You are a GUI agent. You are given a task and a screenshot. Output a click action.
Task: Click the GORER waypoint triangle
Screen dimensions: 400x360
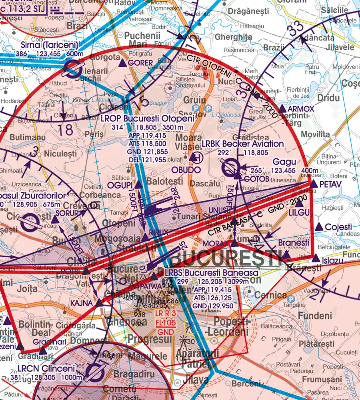[x=123, y=63]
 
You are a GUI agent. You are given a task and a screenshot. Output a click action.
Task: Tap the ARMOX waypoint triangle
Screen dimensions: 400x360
[x=282, y=109]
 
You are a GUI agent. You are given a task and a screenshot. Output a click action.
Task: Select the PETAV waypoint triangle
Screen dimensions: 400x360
[x=314, y=184]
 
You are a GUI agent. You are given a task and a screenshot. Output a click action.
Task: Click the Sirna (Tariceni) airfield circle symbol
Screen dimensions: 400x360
[x=72, y=68]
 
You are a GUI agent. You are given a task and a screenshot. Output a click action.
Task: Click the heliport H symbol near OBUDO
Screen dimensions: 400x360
[x=196, y=158]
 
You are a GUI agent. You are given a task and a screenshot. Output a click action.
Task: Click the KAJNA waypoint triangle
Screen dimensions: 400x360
[x=99, y=303]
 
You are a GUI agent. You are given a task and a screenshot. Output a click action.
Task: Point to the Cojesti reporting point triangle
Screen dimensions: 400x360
[x=318, y=227]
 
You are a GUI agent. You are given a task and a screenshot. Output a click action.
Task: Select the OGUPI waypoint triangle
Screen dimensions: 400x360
[x=138, y=185]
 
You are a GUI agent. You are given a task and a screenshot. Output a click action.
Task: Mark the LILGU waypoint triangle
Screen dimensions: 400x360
[x=299, y=204]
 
